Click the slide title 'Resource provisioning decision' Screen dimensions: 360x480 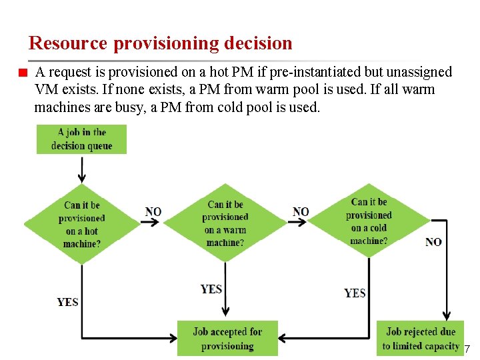point(161,43)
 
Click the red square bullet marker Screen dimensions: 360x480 point(22,73)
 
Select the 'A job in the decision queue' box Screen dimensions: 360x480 point(81,139)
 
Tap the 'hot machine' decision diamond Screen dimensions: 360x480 point(82,224)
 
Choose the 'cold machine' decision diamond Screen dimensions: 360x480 point(369,221)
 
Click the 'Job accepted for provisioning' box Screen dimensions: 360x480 point(227,339)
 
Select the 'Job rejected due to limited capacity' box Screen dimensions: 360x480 point(420,339)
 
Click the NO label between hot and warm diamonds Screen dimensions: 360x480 point(153,212)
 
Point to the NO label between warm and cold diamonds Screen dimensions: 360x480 point(301,212)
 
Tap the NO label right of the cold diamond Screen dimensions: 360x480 point(433,242)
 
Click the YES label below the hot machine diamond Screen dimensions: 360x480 point(67,302)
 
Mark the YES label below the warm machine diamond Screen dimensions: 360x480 point(211,289)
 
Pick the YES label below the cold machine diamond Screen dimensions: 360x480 point(355,293)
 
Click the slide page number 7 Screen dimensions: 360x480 point(467,349)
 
